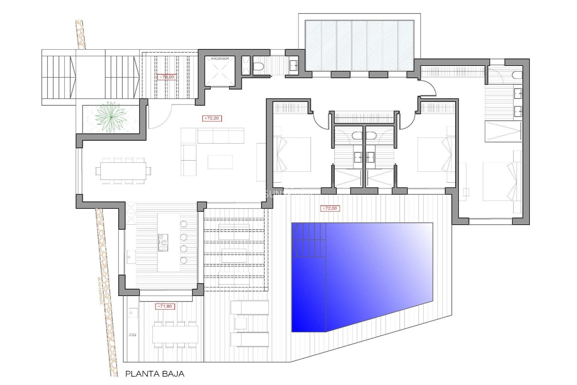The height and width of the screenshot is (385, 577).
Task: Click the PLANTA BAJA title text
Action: (154, 374)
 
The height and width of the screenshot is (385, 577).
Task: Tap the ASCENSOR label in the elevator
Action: (220, 58)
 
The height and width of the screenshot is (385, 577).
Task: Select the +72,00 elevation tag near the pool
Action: (330, 208)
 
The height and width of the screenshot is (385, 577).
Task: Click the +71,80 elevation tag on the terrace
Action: (165, 306)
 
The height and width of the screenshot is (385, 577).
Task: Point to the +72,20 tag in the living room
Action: (212, 118)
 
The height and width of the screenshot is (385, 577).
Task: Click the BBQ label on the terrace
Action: (132, 335)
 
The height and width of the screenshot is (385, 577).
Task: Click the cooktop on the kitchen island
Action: (163, 242)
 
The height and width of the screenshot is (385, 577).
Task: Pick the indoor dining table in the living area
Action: (123, 171)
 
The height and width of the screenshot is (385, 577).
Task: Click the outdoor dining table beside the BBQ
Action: (175, 334)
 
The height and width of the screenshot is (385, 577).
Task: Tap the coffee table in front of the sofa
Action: (220, 162)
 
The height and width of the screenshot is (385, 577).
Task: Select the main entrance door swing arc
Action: (161, 117)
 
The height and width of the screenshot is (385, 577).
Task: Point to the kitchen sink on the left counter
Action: (131, 257)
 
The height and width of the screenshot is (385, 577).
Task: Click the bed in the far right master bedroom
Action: (500, 182)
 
